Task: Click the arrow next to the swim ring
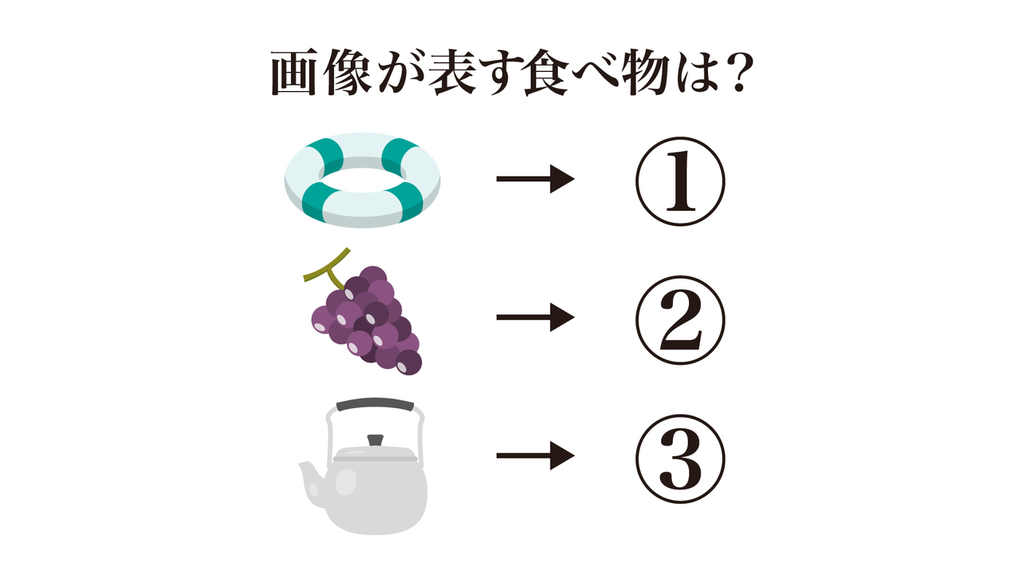(x=535, y=179)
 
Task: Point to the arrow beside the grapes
(x=535, y=318)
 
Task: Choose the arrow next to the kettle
(x=535, y=456)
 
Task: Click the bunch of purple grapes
(x=368, y=323)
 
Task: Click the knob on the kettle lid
(x=374, y=440)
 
